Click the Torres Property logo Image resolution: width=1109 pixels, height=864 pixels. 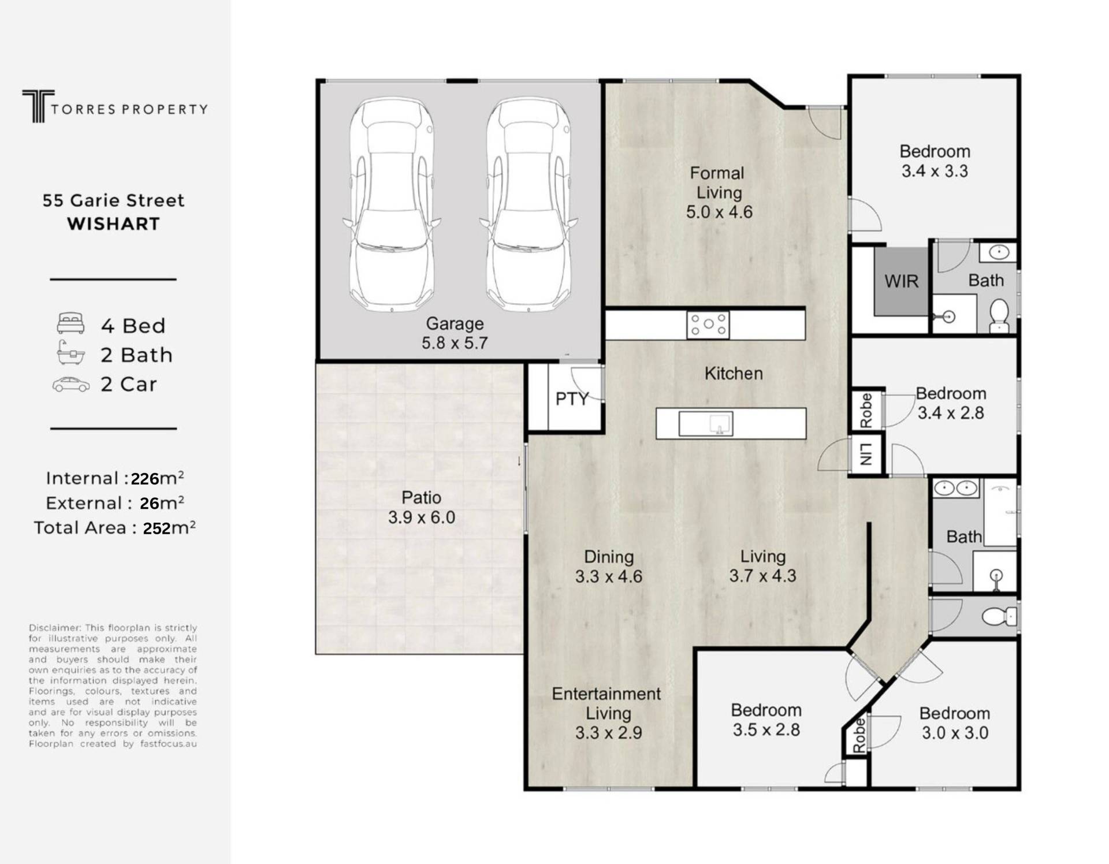pos(114,106)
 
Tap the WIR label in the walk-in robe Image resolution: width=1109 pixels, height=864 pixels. pos(901,281)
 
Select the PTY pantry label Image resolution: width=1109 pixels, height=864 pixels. pos(572,399)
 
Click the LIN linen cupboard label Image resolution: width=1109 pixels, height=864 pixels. pos(865,455)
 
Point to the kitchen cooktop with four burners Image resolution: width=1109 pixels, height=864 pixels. pos(708,325)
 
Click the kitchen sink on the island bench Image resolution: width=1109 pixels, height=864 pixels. pos(706,423)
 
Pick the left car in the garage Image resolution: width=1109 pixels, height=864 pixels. pos(392,205)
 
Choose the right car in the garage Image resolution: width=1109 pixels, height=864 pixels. pos(529,205)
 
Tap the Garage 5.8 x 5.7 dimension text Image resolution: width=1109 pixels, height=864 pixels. pos(455,343)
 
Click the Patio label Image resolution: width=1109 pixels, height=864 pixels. pos(422,497)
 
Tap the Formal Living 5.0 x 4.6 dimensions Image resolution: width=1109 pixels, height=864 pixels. pos(719,212)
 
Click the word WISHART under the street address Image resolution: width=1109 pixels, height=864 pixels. pos(113,224)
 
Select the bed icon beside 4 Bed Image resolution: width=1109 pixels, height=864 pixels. pos(70,323)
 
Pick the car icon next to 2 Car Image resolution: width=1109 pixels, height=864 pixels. pos(71,385)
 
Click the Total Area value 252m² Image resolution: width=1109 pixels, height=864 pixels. pos(169,528)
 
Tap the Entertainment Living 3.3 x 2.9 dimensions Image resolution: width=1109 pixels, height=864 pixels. pos(609,733)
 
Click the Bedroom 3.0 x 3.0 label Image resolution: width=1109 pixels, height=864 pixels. pos(955,723)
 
